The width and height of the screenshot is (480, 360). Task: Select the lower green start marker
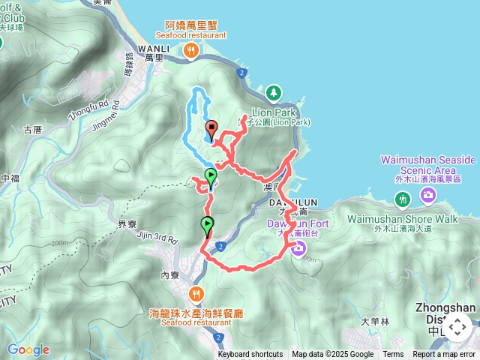206,224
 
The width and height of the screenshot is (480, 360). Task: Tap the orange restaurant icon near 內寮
196,293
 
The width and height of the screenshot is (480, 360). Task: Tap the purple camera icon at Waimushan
428,196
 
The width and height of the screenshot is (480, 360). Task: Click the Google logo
28,349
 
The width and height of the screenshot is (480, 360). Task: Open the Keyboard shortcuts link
250,355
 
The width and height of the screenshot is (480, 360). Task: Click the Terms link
393,355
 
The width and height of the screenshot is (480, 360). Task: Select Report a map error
445,355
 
